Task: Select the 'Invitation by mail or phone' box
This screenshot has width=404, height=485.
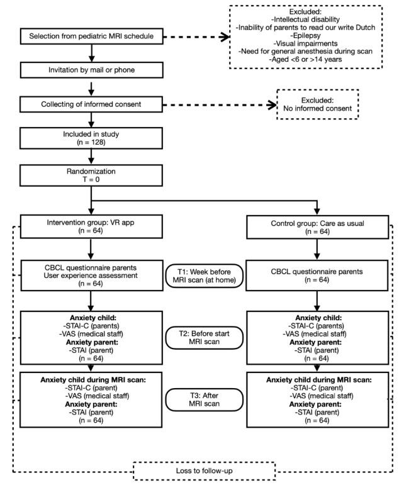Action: (x=92, y=70)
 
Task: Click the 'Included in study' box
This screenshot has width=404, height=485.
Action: (x=92, y=138)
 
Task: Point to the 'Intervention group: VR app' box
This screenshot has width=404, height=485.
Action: (x=92, y=225)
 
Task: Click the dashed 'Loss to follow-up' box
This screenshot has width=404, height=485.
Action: (x=205, y=471)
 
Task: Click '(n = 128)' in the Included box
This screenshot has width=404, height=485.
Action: (x=92, y=142)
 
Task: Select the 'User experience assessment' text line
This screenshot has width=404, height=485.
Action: (x=92, y=274)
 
